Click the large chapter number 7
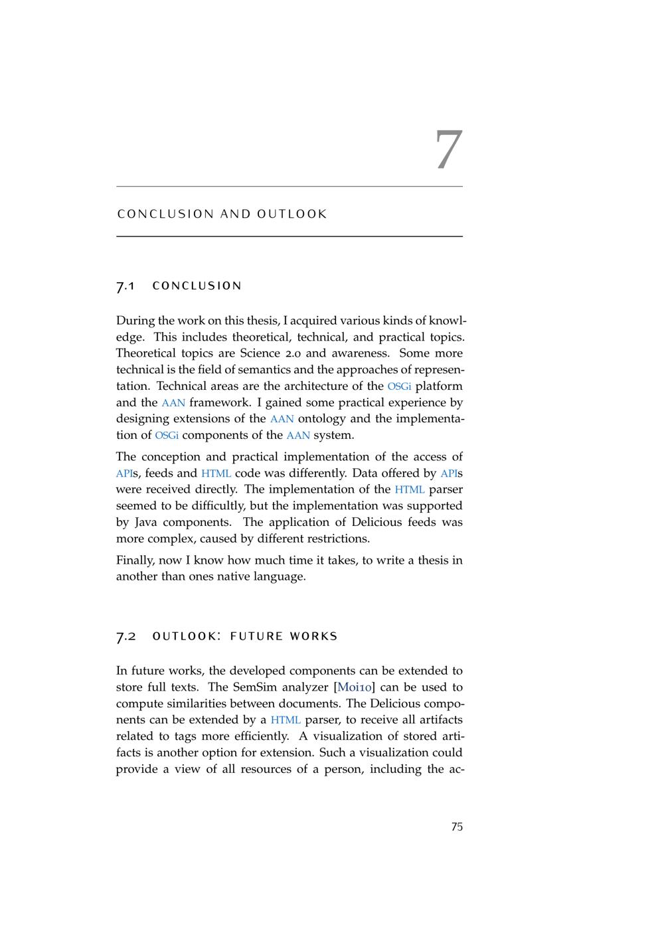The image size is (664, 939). click(448, 149)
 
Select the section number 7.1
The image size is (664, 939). click(125, 286)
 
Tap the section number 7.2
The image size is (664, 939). click(126, 636)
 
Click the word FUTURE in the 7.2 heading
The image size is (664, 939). click(256, 636)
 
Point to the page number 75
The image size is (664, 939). click(457, 827)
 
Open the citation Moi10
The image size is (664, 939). click(357, 687)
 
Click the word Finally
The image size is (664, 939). click(135, 560)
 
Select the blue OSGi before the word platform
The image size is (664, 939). click(399, 386)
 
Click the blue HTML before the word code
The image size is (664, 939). click(216, 473)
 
